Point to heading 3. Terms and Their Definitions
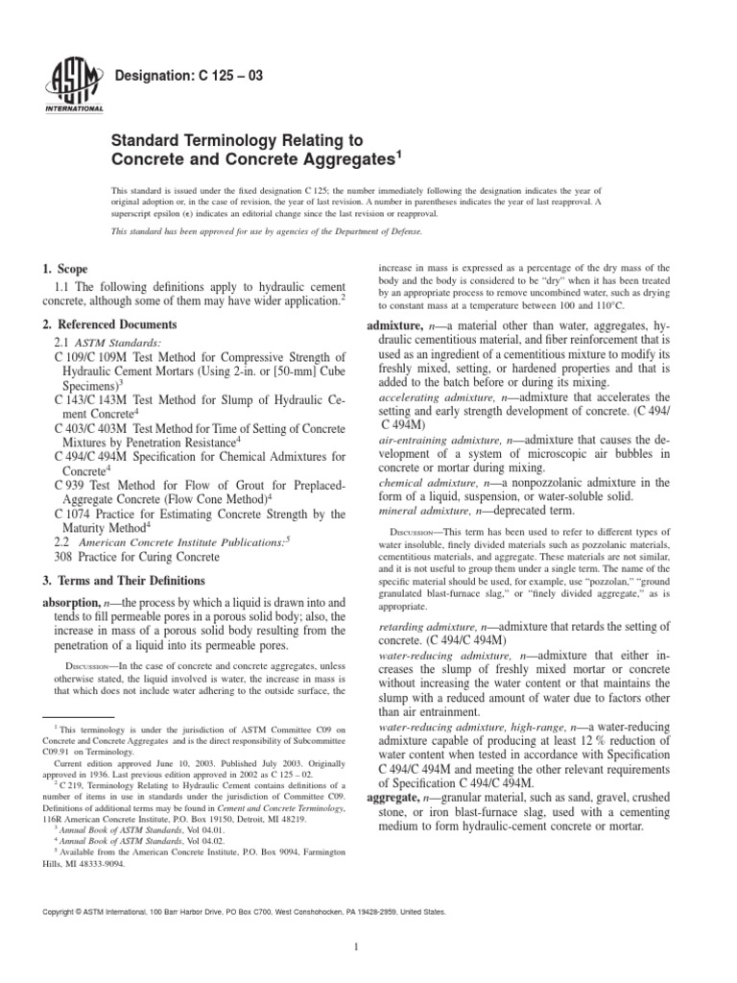pos(124,580)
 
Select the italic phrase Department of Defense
pos(377,231)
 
